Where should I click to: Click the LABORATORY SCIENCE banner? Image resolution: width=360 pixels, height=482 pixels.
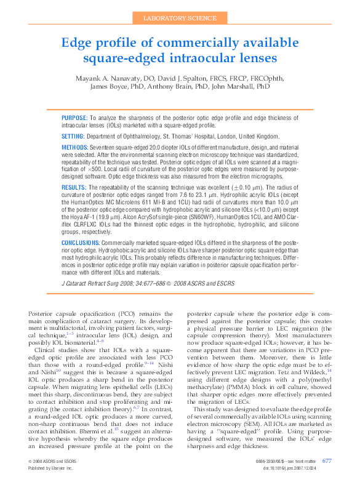(180, 19)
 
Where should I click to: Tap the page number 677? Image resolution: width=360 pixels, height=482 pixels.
(327, 460)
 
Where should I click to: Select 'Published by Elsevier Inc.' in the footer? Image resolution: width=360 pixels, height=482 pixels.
(50, 468)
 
